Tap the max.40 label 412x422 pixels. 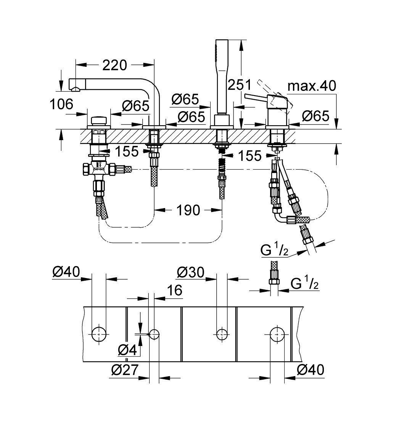312,86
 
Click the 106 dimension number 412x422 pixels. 61,104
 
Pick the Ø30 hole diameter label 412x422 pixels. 191,273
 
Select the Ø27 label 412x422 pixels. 124,370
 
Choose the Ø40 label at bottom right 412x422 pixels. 311,370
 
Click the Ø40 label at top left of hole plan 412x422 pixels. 66,273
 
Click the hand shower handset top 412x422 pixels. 222,41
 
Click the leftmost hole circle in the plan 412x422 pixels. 99,334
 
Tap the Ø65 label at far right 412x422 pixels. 315,116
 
